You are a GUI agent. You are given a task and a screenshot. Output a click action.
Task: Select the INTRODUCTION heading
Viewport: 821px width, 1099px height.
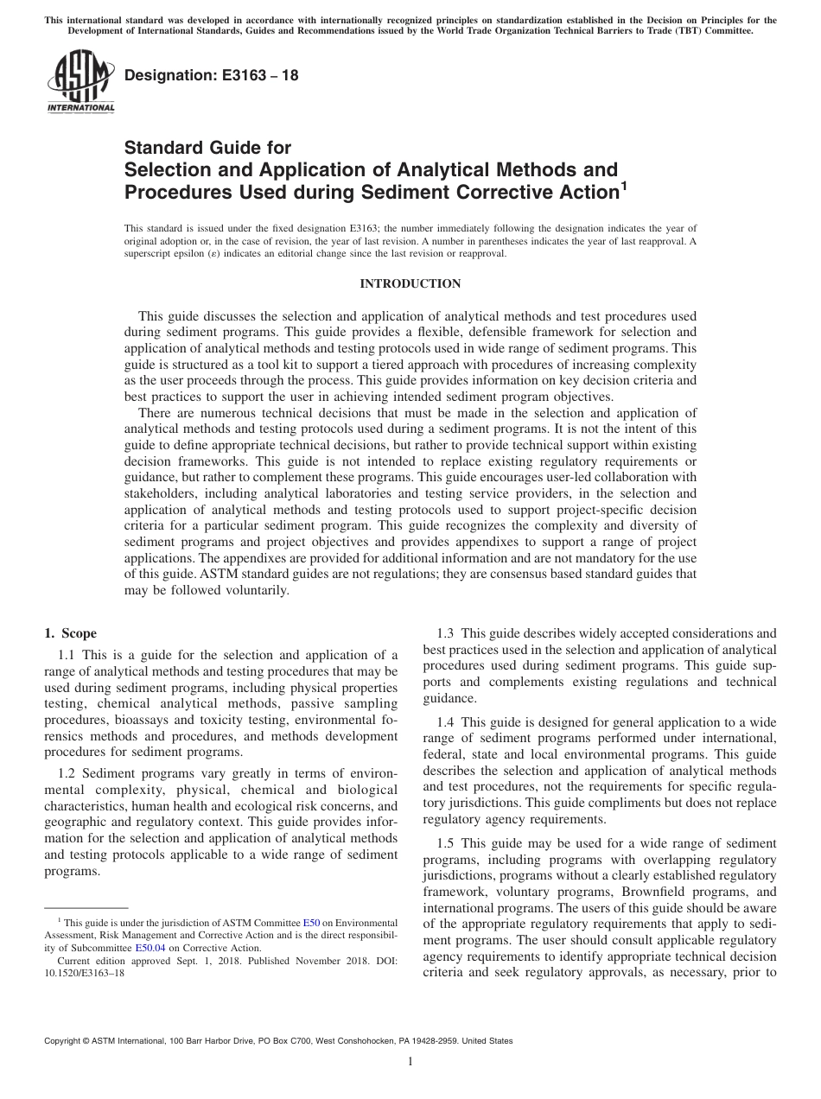(x=410, y=284)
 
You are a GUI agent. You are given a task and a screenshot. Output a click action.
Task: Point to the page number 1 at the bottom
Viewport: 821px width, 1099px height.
(x=410, y=1062)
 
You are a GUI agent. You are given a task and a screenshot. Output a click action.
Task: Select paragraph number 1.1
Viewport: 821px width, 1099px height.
(x=70, y=655)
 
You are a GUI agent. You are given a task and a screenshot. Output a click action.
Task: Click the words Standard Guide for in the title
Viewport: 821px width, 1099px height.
(x=208, y=148)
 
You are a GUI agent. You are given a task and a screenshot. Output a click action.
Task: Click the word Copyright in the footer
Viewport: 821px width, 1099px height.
(x=65, y=1041)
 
